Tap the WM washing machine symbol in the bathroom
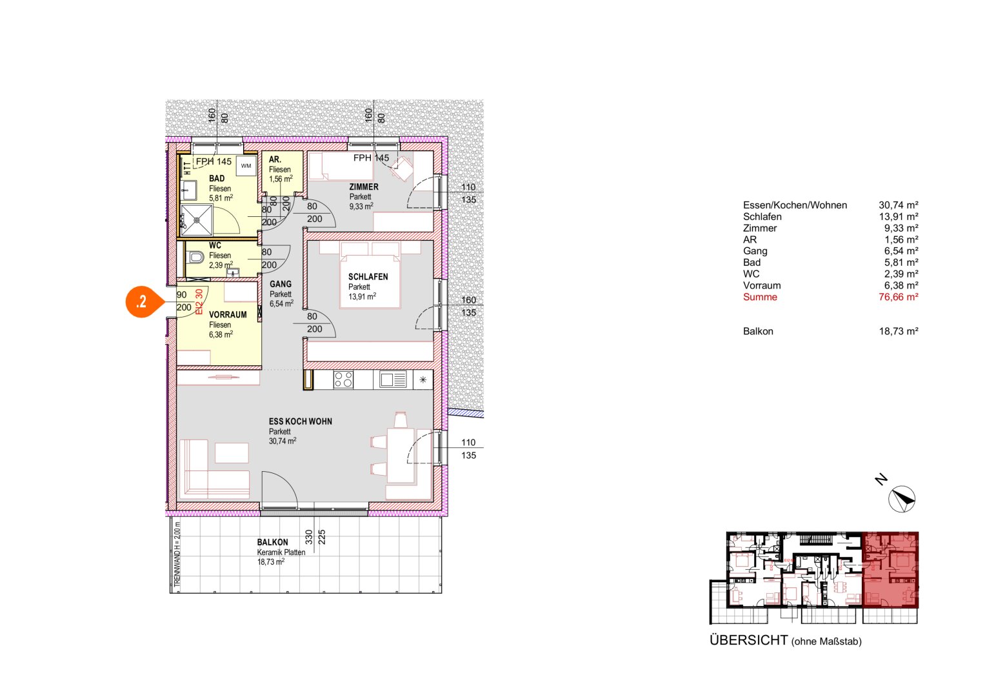pos(246,166)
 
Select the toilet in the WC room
pos(196,258)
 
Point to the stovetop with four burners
pos(343,380)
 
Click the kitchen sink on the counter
pos(392,380)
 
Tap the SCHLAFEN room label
pos(368,277)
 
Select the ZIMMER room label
pos(364,187)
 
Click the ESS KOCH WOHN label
pos(301,421)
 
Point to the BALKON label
pos(272,543)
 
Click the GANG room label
pos(281,284)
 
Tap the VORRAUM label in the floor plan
pos(228,315)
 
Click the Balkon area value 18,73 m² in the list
pos(898,331)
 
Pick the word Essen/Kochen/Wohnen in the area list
pos(795,205)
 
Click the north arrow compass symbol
pos(902,499)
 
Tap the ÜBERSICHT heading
pos(748,640)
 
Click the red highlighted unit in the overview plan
pos(890,570)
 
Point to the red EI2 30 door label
pos(199,301)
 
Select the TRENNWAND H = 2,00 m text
pos(177,554)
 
